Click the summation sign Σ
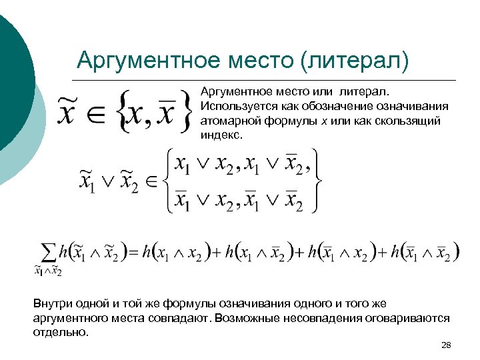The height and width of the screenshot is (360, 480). click(x=48, y=251)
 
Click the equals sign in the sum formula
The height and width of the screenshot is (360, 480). click(x=133, y=253)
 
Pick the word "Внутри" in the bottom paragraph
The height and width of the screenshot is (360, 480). click(x=54, y=303)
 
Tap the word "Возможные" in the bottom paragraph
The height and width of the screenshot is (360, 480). click(x=245, y=317)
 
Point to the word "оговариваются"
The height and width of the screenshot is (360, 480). click(x=407, y=317)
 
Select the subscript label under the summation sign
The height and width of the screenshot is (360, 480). click(x=48, y=271)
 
